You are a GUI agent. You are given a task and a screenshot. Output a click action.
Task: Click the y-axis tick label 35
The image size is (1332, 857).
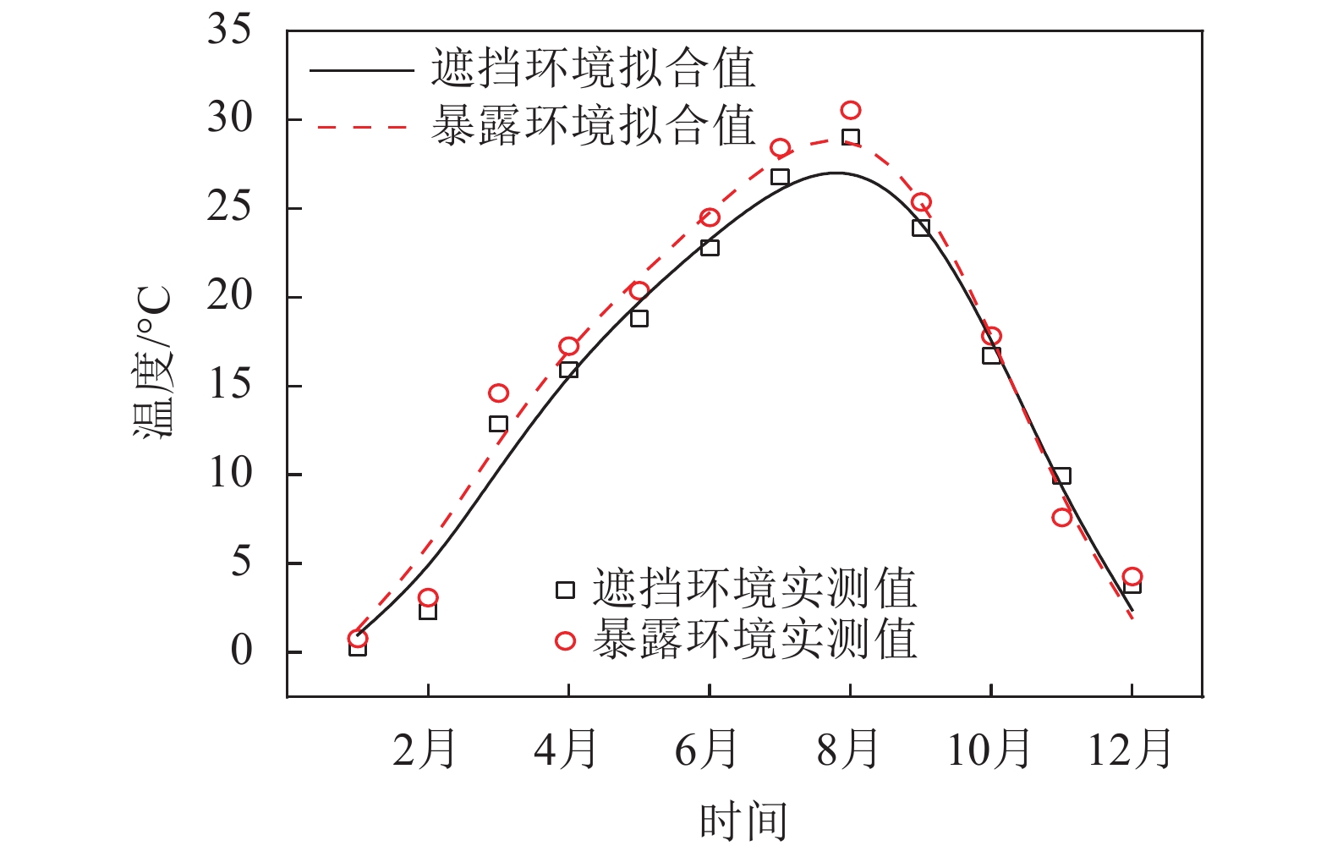[x=229, y=30]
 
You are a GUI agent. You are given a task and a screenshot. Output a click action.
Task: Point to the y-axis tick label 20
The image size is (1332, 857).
[x=229, y=296]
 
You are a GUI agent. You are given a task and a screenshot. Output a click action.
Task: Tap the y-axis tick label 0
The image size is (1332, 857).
[x=241, y=651]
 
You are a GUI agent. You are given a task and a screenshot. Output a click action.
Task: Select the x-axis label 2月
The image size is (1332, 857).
[x=425, y=750]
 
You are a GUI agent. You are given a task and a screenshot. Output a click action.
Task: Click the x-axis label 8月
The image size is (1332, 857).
[x=848, y=750]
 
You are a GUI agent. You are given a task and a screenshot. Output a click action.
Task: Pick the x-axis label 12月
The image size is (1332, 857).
[x=1130, y=750]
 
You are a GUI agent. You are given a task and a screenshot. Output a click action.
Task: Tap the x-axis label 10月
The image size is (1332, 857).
[x=989, y=750]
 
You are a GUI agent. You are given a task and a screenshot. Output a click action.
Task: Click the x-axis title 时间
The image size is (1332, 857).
[x=743, y=821]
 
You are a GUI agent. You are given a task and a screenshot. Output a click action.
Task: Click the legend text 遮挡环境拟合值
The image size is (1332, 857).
[x=593, y=69]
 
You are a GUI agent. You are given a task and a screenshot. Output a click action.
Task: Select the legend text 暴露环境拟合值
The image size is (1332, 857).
[x=593, y=126]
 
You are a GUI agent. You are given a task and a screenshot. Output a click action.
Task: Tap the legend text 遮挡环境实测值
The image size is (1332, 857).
[x=754, y=589]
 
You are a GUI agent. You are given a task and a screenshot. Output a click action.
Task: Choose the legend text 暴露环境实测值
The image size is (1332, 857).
[x=754, y=640]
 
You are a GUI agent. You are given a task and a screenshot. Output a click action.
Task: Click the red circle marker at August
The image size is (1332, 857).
[x=851, y=111]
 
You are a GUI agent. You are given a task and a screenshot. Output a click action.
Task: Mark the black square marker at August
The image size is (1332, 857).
[x=851, y=137]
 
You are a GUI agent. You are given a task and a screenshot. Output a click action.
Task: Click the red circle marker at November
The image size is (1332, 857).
[x=1062, y=517]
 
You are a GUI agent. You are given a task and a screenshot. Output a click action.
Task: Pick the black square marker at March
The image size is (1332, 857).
[x=498, y=424]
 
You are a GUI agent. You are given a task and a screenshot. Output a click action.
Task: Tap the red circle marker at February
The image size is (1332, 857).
[x=428, y=597]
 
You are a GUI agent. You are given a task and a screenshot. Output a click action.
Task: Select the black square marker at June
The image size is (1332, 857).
[x=710, y=248]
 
